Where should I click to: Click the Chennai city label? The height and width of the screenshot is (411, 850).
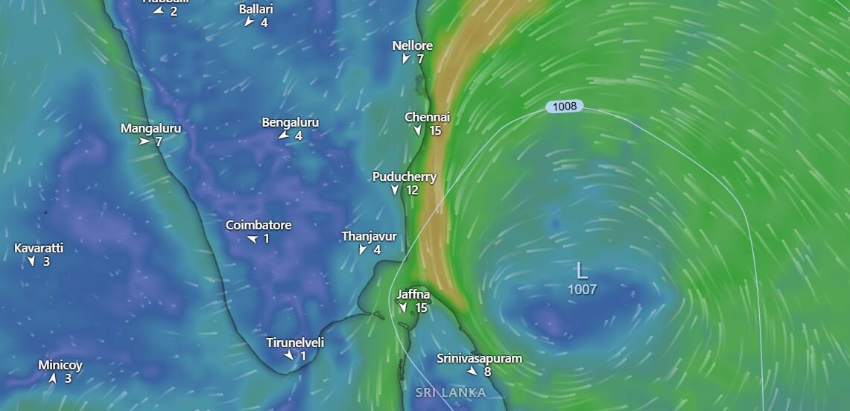(427, 117)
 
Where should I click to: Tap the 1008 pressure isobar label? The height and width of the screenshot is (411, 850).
(565, 106)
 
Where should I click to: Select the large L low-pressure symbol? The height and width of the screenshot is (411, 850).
(582, 270)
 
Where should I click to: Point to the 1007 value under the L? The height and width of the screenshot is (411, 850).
(582, 289)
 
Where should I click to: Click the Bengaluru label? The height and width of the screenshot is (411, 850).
(290, 122)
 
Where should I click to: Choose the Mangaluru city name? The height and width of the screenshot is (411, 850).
(150, 128)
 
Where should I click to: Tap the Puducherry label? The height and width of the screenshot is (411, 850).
(405, 176)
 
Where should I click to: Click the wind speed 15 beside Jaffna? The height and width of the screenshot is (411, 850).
(421, 308)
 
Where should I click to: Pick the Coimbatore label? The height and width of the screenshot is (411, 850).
(259, 225)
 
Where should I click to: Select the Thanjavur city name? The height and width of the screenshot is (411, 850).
(369, 236)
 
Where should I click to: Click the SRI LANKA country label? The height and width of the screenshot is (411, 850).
(451, 392)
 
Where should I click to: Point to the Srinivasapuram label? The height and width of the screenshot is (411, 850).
(479, 358)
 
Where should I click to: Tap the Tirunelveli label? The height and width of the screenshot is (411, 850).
(295, 342)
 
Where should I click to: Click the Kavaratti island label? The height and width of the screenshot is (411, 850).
(39, 248)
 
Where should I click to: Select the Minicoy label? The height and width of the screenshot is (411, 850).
(60, 365)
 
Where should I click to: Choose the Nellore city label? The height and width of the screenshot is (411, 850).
(412, 45)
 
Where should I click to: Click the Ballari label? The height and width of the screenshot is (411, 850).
(256, 9)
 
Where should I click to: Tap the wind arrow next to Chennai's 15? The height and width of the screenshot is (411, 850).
(418, 131)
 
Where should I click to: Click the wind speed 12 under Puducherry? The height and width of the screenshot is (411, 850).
(412, 190)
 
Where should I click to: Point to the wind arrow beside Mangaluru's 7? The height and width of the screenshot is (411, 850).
(144, 141)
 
